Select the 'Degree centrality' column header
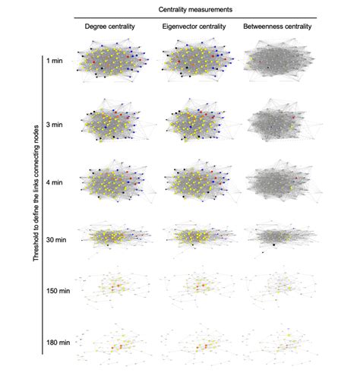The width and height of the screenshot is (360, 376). pos(110,28)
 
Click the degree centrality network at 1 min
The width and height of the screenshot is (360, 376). pos(114,63)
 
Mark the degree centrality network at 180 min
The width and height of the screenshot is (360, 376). pos(114,343)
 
